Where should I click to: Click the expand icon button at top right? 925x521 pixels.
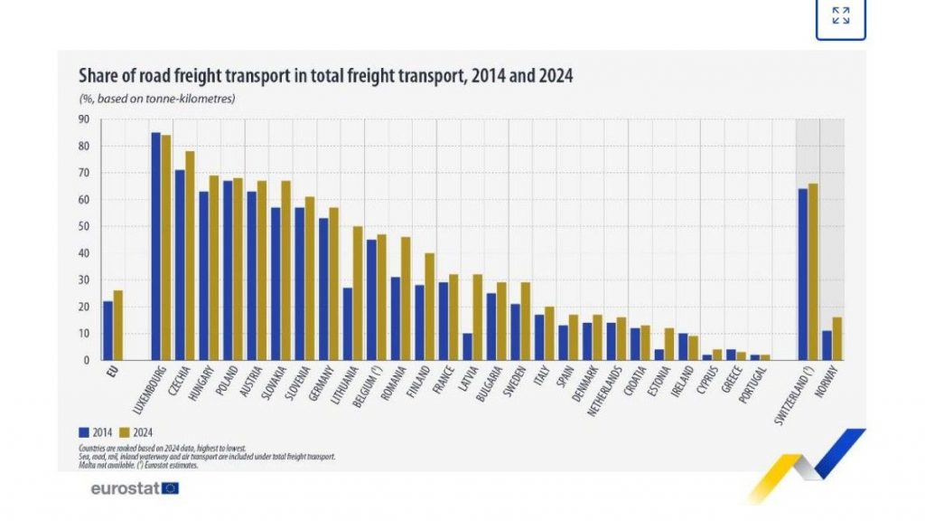pyautogui.click(x=840, y=15)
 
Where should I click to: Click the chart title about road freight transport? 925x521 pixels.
pyautogui.click(x=325, y=77)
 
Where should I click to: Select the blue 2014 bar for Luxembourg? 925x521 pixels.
pyautogui.click(x=156, y=246)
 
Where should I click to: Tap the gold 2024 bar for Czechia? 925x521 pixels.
pyautogui.click(x=190, y=255)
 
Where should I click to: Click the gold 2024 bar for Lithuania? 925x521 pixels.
pyautogui.click(x=358, y=293)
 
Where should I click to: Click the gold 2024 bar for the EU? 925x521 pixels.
pyautogui.click(x=118, y=325)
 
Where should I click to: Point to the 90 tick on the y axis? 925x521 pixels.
pyautogui.click(x=83, y=118)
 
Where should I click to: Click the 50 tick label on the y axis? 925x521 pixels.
pyautogui.click(x=83, y=226)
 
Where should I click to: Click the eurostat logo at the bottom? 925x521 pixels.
pyautogui.click(x=135, y=488)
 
